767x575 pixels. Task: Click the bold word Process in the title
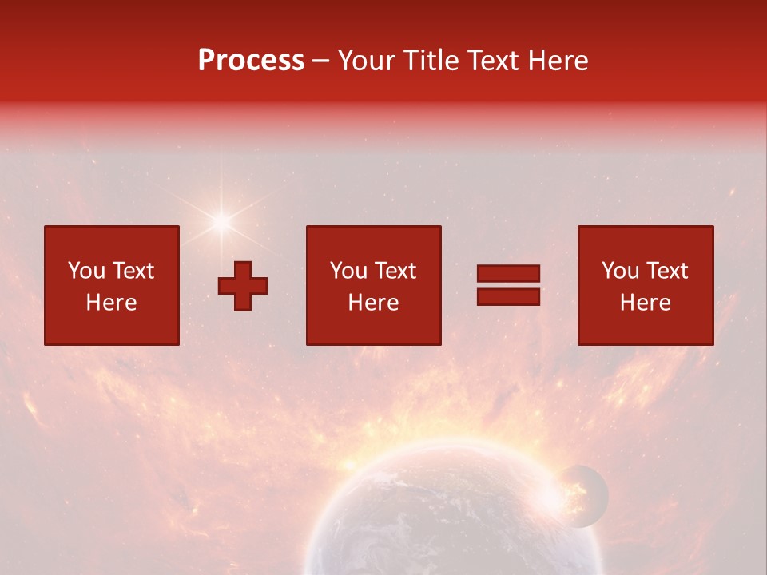pyautogui.click(x=251, y=61)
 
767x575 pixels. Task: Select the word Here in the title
pyautogui.click(x=559, y=61)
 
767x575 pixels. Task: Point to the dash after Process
pyautogui.click(x=321, y=61)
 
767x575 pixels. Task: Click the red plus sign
pyautogui.click(x=243, y=285)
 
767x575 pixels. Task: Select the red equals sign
pyautogui.click(x=508, y=285)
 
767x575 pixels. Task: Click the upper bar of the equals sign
pyautogui.click(x=508, y=273)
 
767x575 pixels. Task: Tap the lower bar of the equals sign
pyautogui.click(x=508, y=297)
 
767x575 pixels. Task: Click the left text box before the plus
pyautogui.click(x=112, y=285)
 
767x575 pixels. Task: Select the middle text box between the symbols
pyautogui.click(x=373, y=285)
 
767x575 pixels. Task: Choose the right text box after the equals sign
pyautogui.click(x=645, y=285)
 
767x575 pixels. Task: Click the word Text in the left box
pyautogui.click(x=133, y=271)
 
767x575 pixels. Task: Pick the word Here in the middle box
pyautogui.click(x=373, y=302)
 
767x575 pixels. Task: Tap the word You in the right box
pyautogui.click(x=621, y=271)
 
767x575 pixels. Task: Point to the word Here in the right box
pyautogui.click(x=645, y=302)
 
